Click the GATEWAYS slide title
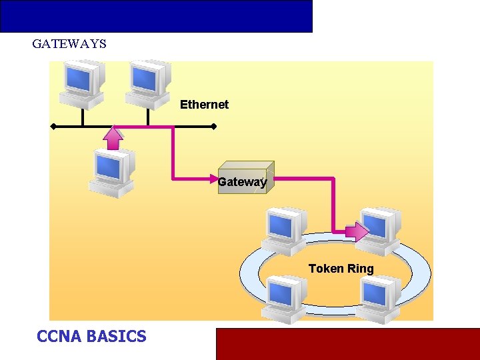tap(69, 44)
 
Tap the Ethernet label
tap(204, 105)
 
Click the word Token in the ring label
tap(325, 269)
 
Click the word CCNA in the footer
tap(59, 336)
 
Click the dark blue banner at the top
tap(156, 16)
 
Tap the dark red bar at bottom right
tap(347, 343)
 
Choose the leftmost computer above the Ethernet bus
tap(81, 83)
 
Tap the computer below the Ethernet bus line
tap(112, 172)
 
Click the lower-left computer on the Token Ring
tap(285, 299)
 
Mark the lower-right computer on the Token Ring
tap(380, 299)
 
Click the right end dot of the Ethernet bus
tap(213, 126)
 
